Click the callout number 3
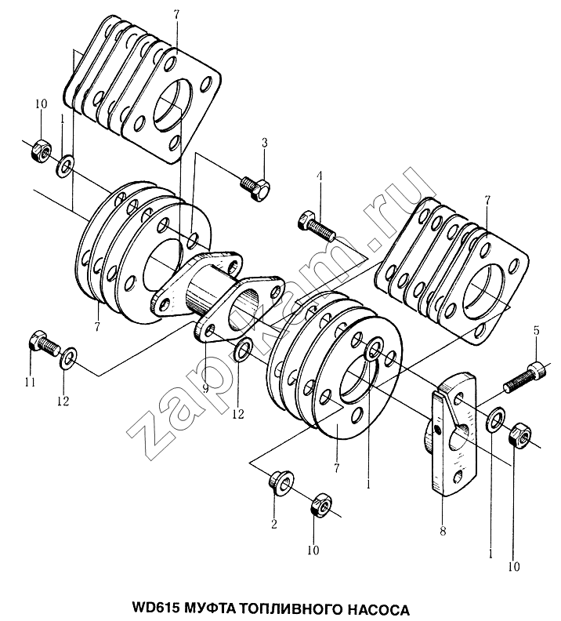264,143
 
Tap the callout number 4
319,176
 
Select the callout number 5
537,331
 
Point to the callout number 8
443,530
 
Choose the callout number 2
273,524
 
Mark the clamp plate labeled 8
454,434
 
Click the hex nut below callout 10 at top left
41,151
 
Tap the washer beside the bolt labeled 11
69,358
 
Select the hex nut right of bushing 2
320,505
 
